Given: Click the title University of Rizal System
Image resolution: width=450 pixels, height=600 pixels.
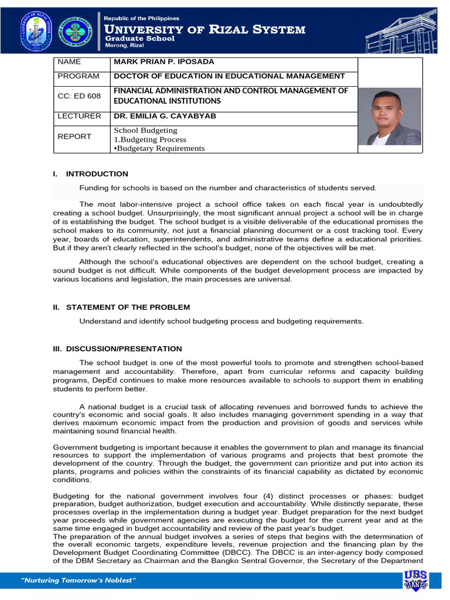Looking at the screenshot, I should click(204, 29).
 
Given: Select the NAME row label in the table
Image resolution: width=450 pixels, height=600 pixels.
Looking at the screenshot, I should click(69, 62).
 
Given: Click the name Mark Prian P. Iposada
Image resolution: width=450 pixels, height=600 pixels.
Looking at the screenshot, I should click(164, 62).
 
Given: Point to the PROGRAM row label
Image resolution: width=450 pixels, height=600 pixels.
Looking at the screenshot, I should click(78, 76).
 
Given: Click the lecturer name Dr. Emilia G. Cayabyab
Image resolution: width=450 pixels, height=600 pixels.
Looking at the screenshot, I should click(165, 116).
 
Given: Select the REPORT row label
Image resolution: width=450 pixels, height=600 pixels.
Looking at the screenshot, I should click(74, 137).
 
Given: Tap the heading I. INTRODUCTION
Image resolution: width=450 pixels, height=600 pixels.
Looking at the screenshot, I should click(90, 174).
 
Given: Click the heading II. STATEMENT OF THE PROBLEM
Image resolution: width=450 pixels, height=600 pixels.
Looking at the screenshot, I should click(121, 307).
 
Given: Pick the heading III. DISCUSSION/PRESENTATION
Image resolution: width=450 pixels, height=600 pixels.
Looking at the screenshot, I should click(117, 349).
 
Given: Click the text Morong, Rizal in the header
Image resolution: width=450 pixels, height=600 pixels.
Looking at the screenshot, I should click(124, 47).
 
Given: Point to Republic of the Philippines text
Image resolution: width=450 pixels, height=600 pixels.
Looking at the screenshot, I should click(141, 18).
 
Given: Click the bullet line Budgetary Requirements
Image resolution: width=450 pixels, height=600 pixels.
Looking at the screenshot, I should click(159, 148).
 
